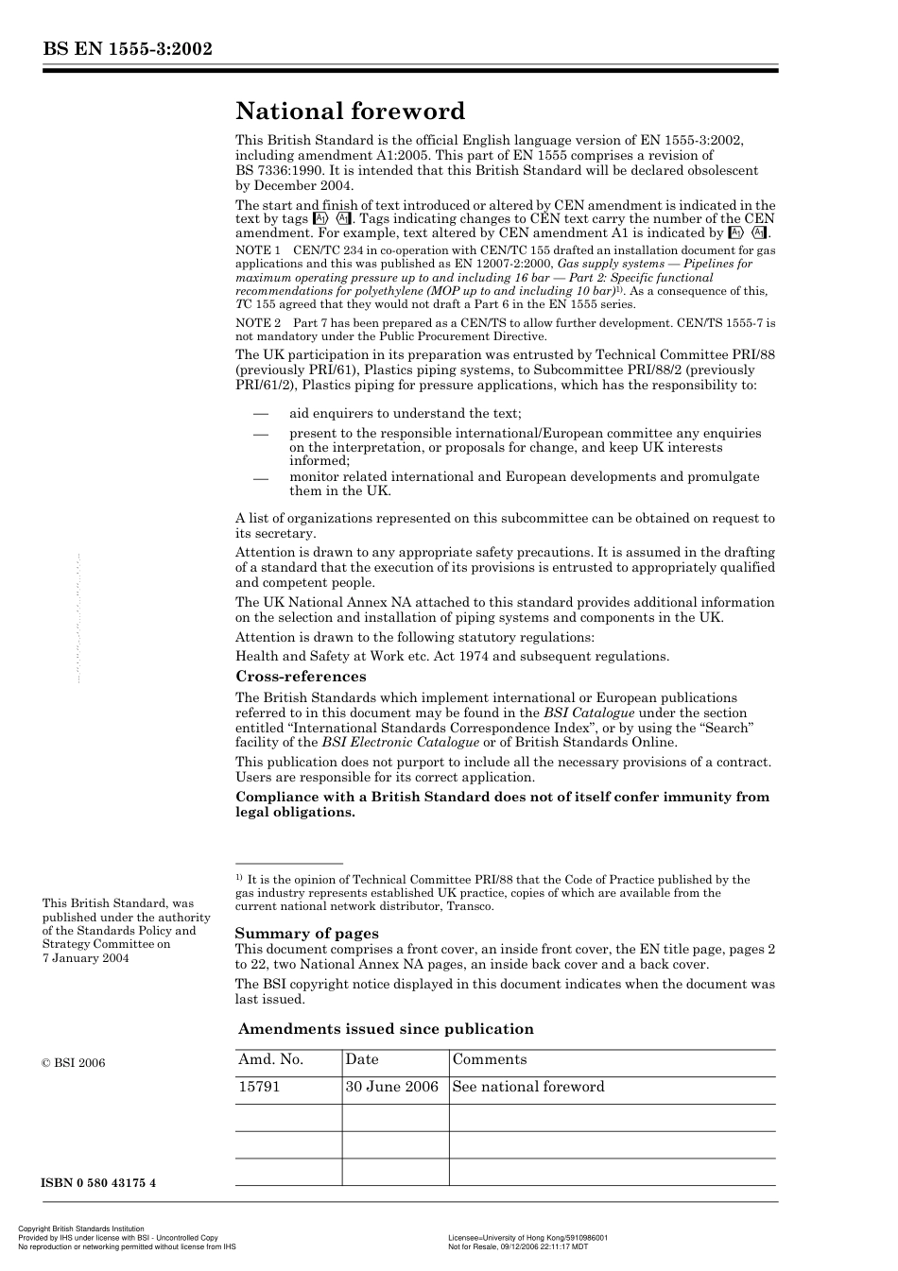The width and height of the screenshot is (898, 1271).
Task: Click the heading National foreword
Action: (x=350, y=112)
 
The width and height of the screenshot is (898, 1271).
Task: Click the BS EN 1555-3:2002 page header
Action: (x=127, y=50)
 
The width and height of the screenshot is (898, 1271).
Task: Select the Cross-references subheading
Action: (x=301, y=677)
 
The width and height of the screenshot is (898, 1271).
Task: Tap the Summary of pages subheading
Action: (x=306, y=934)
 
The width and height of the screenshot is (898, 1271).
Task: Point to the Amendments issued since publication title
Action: (x=386, y=1029)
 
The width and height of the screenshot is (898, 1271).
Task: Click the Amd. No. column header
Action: (x=270, y=1060)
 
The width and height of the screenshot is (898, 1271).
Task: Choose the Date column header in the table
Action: (x=362, y=1060)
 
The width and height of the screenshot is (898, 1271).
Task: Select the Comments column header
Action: (x=490, y=1060)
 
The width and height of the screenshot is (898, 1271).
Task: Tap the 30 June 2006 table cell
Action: (x=392, y=1087)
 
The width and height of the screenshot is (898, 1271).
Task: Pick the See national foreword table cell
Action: (x=528, y=1087)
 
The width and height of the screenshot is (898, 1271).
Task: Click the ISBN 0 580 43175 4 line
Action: (x=99, y=1183)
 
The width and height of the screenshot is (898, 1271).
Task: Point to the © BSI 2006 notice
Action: (x=74, y=1063)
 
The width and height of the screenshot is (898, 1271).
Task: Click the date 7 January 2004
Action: (x=86, y=958)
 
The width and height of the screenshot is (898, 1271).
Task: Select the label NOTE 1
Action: (x=258, y=250)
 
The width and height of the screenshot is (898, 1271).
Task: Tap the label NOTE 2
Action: (x=258, y=323)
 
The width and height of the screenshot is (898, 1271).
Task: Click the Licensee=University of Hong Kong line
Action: (x=527, y=1237)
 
